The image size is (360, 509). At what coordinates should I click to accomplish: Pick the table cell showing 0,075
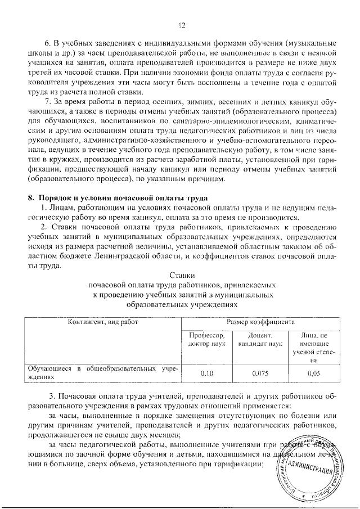[259, 372]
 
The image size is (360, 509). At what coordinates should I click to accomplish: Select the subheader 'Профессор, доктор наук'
[207, 339]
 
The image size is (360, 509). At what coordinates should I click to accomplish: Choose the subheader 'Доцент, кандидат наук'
[259, 339]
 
